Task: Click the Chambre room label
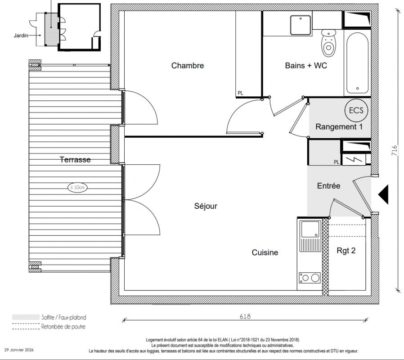point(188,65)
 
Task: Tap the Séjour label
point(206,206)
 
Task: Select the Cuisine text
point(265,252)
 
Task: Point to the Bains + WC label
point(306,65)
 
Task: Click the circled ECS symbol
point(356,110)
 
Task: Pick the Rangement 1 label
point(339,127)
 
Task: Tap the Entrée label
point(328,185)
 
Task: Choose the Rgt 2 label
point(346,251)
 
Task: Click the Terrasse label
point(75,159)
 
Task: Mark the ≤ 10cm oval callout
point(77,187)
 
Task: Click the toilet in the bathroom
point(328,43)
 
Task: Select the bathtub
point(357,63)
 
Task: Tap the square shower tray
point(301,25)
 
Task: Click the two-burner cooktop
point(310,278)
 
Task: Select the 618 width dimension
point(245,316)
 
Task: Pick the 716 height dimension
point(395,150)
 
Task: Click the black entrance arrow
point(383,194)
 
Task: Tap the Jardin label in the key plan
point(21,36)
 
